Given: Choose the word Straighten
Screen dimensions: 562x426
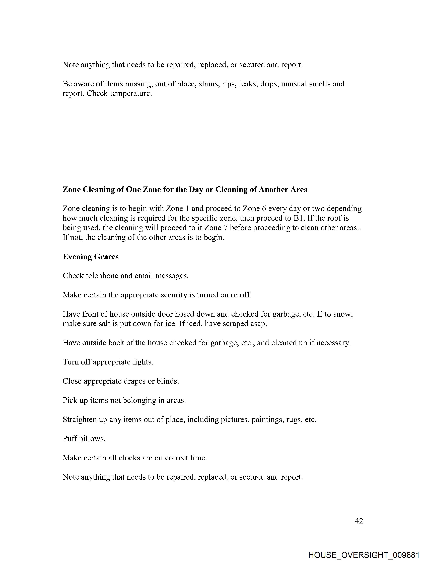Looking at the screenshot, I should [x=80, y=420].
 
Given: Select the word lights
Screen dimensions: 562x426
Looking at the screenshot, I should [x=143, y=362].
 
